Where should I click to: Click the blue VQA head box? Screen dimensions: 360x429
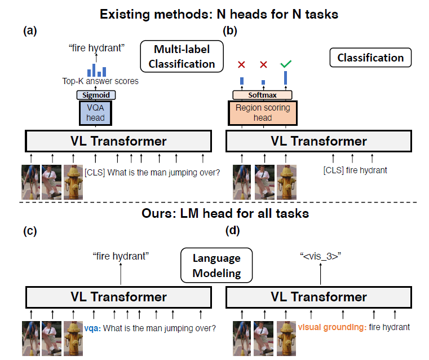point(95,113)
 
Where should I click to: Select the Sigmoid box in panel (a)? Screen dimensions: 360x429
point(95,95)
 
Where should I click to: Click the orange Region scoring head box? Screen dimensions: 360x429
point(263,112)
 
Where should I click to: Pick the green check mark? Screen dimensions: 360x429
point(286,64)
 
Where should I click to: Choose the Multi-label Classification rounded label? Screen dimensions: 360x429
point(178,56)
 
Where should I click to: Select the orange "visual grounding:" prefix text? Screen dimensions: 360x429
point(332,327)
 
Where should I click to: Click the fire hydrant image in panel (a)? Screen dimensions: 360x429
point(73,182)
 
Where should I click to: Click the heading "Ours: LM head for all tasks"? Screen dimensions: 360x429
point(219,213)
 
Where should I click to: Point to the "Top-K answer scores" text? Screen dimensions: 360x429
point(100,81)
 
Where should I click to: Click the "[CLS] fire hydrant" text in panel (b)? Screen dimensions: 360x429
point(355,169)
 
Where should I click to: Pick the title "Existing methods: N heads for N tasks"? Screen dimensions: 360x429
point(219,14)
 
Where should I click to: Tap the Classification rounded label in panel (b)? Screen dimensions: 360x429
point(370,58)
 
